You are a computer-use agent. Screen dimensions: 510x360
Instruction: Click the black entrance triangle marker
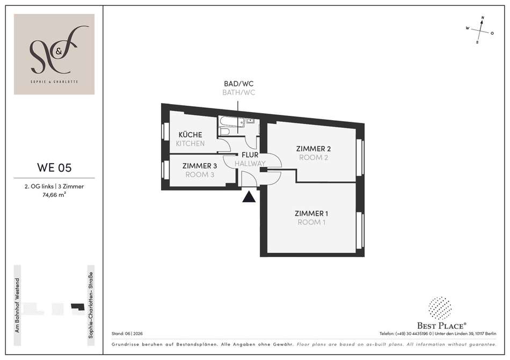[249, 197]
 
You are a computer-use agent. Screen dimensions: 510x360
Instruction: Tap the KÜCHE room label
[190, 135]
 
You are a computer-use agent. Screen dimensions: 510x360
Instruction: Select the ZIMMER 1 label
[311, 214]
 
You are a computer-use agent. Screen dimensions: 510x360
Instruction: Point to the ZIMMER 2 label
[314, 149]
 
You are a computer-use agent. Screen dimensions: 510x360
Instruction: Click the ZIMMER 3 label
[200, 166]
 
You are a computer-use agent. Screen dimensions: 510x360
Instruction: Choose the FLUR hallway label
[250, 155]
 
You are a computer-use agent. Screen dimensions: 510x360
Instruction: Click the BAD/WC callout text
[239, 84]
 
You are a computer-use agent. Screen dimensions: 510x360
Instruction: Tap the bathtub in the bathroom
[231, 122]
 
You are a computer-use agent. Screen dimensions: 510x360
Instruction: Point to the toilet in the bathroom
[224, 131]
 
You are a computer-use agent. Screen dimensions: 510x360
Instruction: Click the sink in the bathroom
[250, 121]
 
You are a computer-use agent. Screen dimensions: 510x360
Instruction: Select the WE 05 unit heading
[54, 167]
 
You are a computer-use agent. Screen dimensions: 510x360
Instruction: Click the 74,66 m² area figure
[54, 195]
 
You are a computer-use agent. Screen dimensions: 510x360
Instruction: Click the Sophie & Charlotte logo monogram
[54, 50]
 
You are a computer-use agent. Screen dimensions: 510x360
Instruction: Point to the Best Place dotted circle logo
[440, 307]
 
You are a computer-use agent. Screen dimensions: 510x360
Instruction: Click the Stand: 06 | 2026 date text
[127, 333]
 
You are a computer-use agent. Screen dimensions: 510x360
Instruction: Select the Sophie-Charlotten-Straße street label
[91, 305]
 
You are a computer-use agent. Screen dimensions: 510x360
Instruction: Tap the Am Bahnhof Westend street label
[18, 305]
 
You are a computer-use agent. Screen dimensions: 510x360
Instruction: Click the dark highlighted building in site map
[78, 306]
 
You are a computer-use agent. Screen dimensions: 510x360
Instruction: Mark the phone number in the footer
[406, 333]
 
